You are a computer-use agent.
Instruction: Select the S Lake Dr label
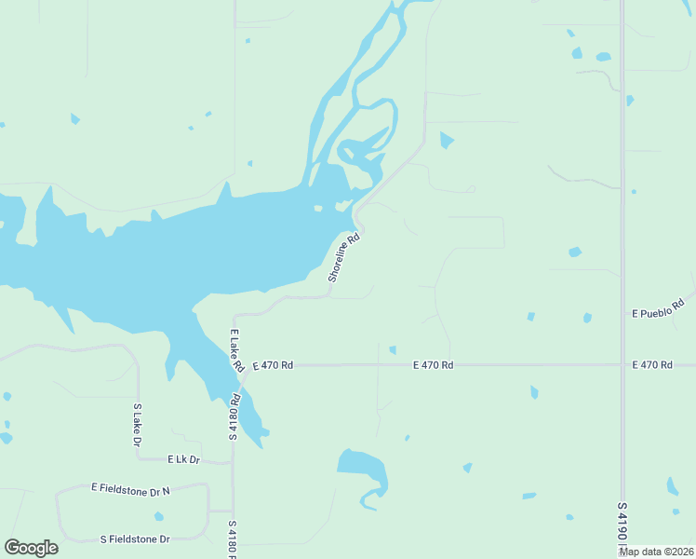(138, 424)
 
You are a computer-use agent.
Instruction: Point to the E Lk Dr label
(184, 459)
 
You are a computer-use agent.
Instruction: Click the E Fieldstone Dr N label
(131, 488)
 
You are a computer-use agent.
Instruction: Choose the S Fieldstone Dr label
(135, 539)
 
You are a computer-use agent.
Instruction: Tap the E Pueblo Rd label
(658, 308)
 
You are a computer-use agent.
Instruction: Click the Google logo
(31, 548)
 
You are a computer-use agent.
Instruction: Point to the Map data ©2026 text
(655, 551)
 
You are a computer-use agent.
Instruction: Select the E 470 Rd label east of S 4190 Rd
(651, 365)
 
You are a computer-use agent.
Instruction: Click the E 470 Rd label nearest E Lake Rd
(272, 365)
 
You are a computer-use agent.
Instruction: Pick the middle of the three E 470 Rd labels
(433, 365)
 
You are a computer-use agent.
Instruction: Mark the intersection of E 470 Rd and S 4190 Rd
(622, 365)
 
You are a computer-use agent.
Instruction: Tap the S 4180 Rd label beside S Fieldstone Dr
(233, 539)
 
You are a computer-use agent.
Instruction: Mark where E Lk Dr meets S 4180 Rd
(233, 462)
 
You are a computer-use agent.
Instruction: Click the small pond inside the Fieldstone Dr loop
(159, 516)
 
